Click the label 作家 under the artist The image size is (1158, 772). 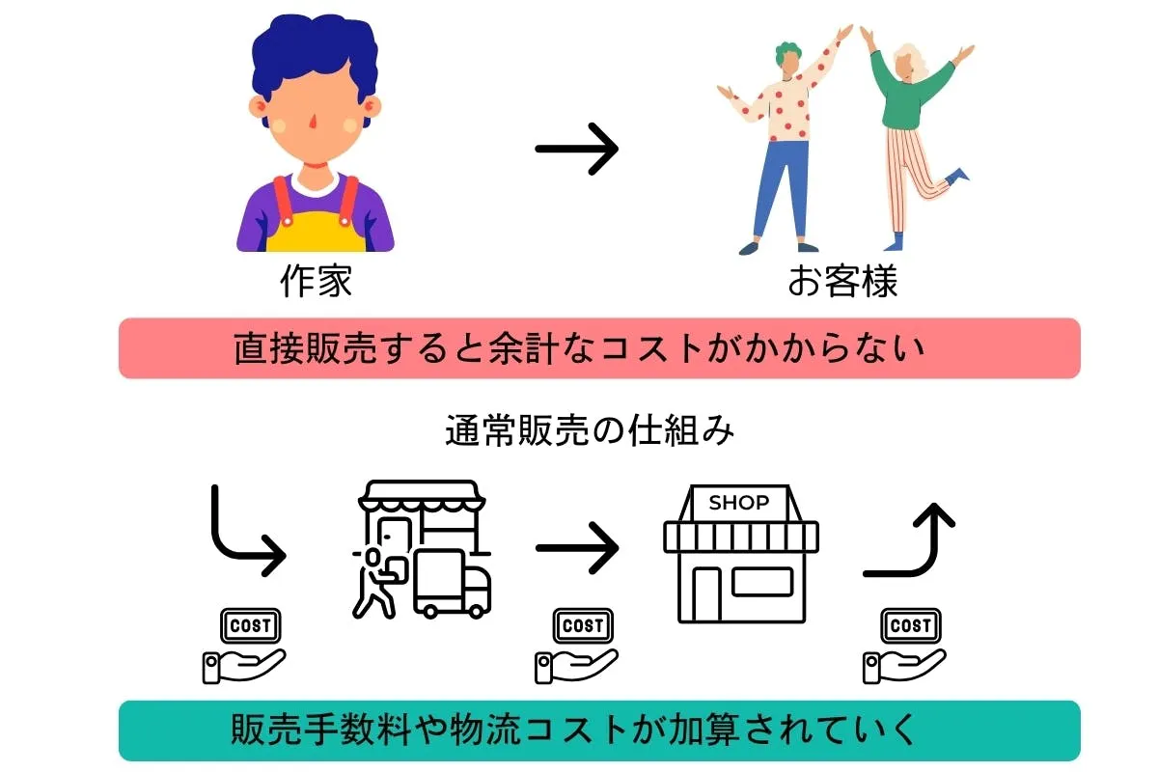tap(316, 281)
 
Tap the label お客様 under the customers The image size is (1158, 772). tap(842, 281)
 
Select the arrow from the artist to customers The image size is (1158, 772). tap(576, 149)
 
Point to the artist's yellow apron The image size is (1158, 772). tap(316, 232)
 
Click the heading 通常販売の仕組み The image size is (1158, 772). tap(590, 430)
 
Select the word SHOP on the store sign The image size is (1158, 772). tap(739, 502)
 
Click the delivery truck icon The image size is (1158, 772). tap(452, 584)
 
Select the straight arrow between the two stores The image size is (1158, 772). tap(577, 547)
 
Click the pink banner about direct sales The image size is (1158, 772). tap(599, 348)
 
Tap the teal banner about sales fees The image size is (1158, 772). tap(599, 731)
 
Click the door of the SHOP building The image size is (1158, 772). tap(706, 594)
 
